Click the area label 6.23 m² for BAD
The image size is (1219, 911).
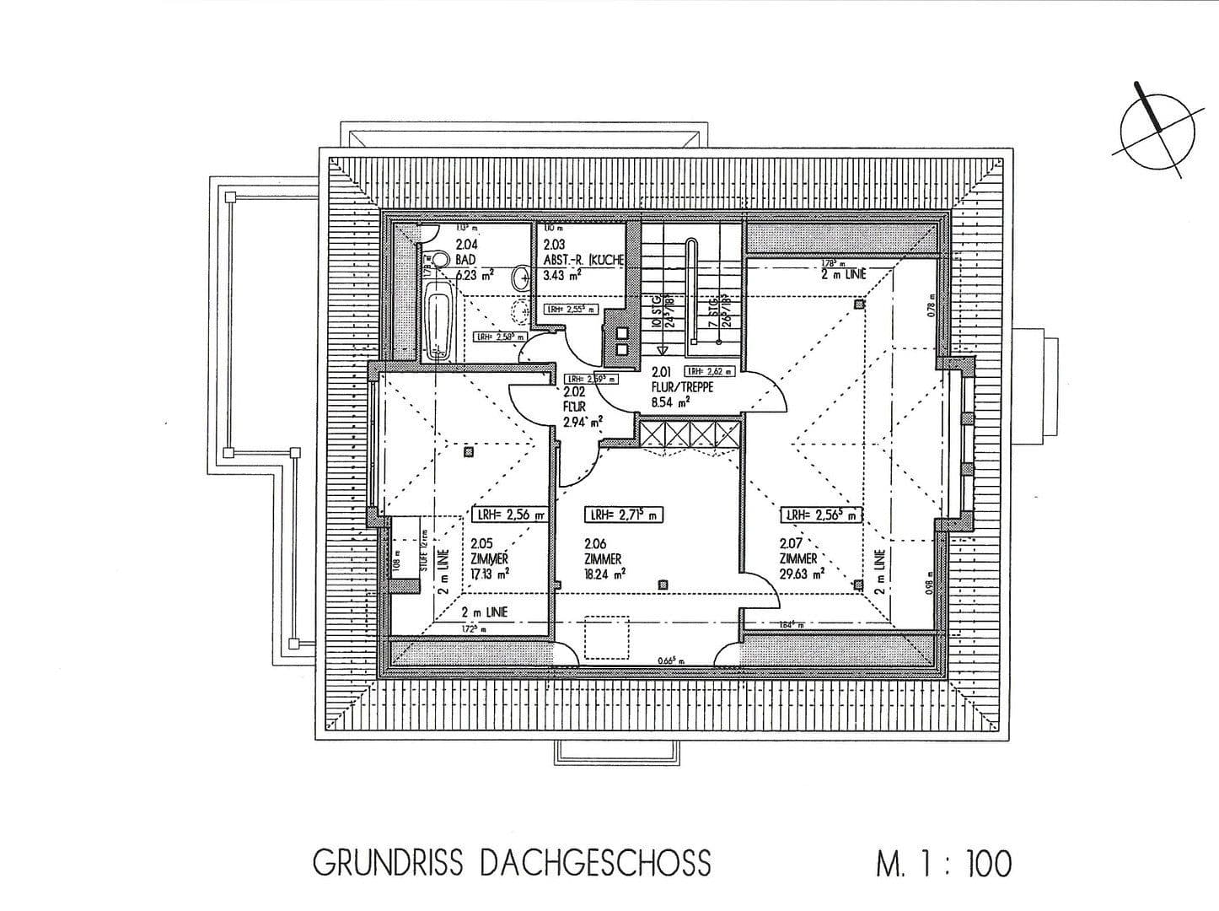pyautogui.click(x=475, y=274)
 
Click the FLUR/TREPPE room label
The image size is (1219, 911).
pyautogui.click(x=682, y=386)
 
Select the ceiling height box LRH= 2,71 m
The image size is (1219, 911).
pyautogui.click(x=625, y=514)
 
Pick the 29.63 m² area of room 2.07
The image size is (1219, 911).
pyautogui.click(x=801, y=573)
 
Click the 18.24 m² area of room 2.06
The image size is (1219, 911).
pyautogui.click(x=602, y=574)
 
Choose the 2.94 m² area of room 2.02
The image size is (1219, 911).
pyautogui.click(x=583, y=421)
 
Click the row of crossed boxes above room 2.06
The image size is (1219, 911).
pyautogui.click(x=690, y=434)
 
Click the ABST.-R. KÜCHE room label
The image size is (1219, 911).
pyautogui.click(x=583, y=260)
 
